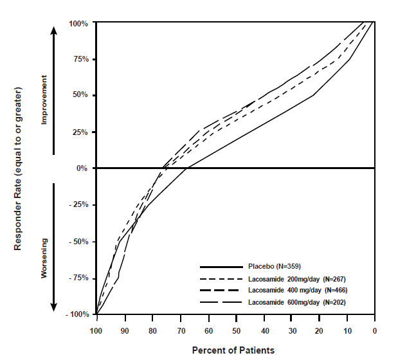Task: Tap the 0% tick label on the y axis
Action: (82, 168)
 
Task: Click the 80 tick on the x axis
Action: (152, 331)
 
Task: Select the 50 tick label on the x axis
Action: (236, 331)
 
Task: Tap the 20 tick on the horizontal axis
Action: (320, 331)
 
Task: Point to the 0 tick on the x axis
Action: (375, 331)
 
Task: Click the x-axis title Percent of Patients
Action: (233, 350)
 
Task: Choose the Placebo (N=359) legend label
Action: (274, 266)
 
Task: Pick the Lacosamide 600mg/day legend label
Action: (298, 301)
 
